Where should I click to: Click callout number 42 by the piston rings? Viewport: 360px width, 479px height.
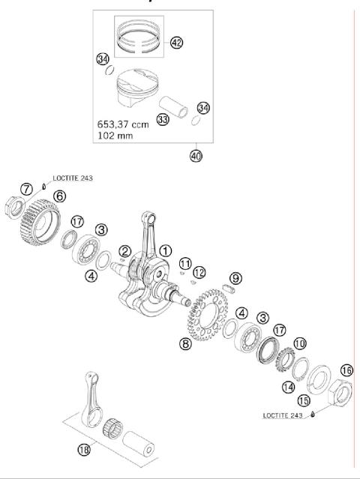point(176,43)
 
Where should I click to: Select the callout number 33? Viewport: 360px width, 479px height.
point(162,118)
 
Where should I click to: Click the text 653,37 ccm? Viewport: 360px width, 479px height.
point(122,124)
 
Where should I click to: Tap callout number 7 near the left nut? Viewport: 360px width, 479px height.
point(25,187)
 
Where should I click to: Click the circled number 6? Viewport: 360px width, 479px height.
point(58,196)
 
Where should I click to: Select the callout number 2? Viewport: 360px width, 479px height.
point(125,251)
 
